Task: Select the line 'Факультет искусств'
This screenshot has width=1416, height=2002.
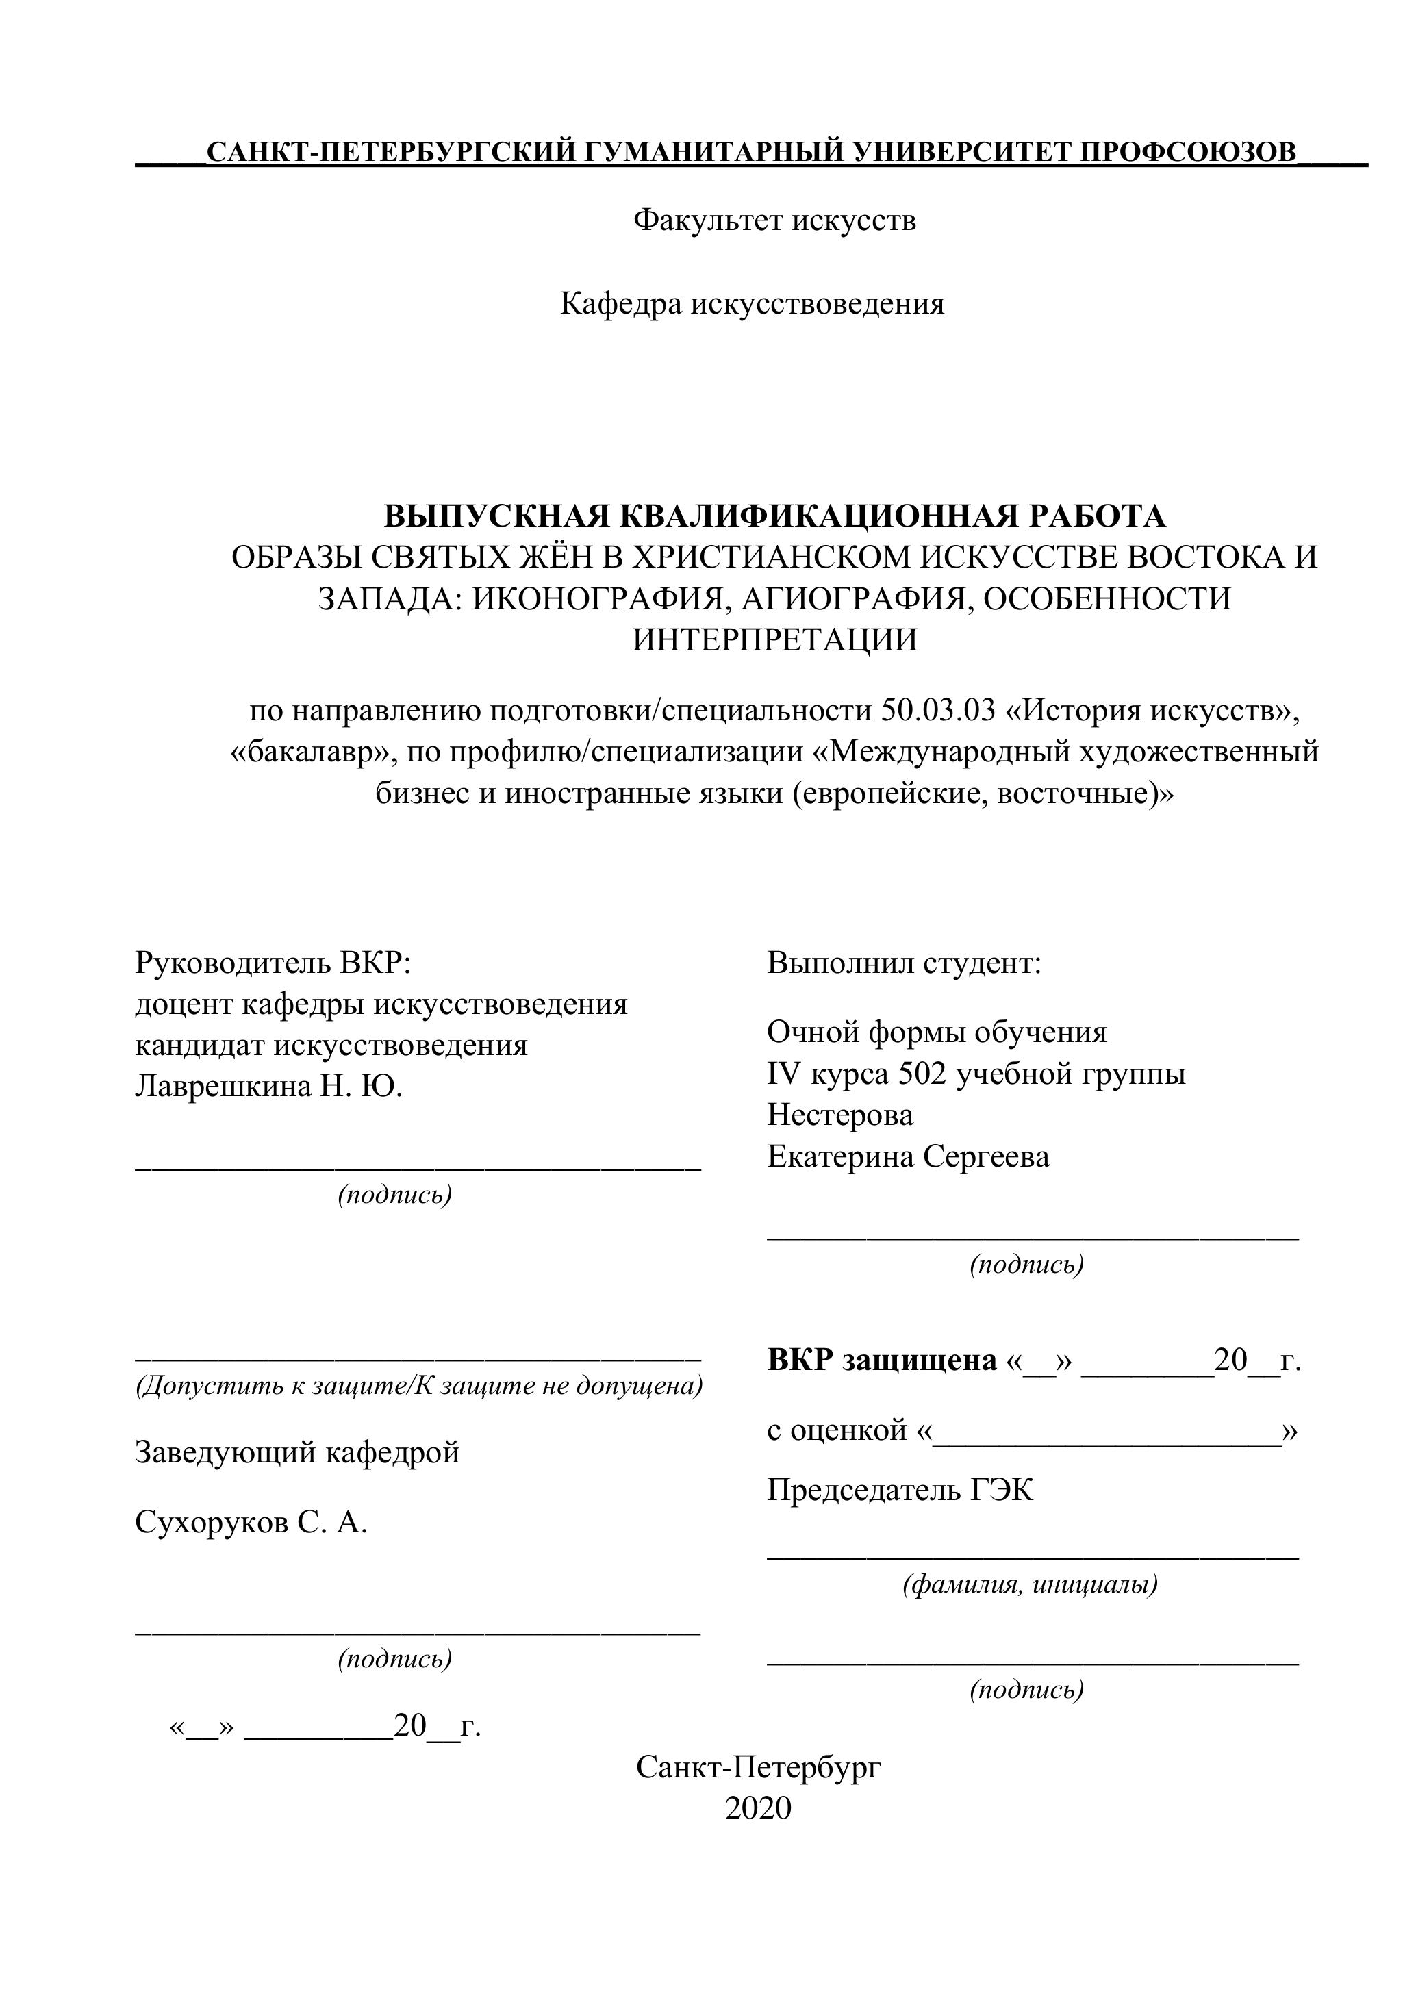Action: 774,220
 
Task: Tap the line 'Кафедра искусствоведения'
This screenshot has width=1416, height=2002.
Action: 752,303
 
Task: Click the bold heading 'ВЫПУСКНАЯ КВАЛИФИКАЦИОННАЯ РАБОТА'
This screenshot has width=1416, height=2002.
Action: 774,516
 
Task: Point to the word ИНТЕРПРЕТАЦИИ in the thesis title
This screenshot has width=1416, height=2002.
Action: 774,640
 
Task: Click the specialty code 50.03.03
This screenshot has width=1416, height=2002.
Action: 938,711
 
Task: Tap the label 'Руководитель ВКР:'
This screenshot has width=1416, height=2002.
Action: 272,963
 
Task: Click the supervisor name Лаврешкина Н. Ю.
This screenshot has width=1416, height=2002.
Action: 268,1087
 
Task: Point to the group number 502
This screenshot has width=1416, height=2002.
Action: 924,1074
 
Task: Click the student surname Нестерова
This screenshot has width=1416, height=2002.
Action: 839,1115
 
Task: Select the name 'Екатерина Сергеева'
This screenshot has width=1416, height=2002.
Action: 908,1157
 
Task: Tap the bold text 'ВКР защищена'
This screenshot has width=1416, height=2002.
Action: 881,1359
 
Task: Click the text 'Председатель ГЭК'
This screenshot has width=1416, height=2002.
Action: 900,1490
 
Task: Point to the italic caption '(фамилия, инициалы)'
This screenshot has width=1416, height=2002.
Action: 1030,1584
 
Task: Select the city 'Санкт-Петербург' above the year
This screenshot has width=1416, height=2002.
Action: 759,1767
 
